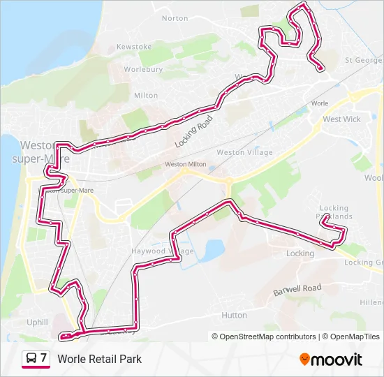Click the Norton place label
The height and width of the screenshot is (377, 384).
click(x=175, y=18)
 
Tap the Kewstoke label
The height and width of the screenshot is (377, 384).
click(x=134, y=47)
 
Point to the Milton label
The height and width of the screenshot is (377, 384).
click(x=146, y=95)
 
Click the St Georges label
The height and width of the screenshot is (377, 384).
click(x=364, y=61)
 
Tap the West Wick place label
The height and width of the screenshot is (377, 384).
click(x=341, y=119)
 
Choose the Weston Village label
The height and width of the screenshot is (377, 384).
click(x=239, y=152)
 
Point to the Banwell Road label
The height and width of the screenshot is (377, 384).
click(x=297, y=289)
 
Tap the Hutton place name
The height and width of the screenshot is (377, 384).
click(x=234, y=316)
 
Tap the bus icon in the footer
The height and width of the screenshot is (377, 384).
click(x=31, y=359)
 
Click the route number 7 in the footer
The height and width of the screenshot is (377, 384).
click(x=44, y=358)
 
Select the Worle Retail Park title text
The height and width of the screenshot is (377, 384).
click(x=100, y=359)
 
